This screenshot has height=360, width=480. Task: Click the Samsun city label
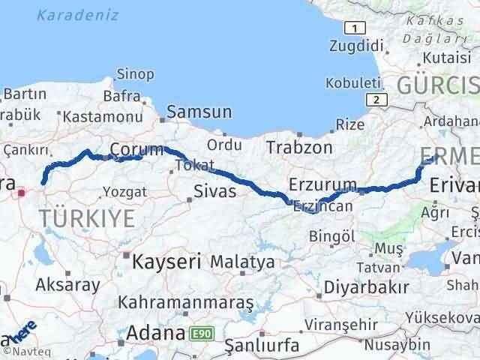(x=199, y=112)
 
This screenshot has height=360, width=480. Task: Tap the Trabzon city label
(x=298, y=148)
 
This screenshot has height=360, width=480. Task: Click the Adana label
(x=155, y=333)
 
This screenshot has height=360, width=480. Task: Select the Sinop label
(x=135, y=74)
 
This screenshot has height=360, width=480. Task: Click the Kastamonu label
(x=103, y=117)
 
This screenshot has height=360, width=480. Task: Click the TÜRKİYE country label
(x=88, y=219)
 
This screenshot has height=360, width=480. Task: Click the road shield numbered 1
(x=354, y=28)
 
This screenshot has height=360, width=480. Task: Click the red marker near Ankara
(x=22, y=192)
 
